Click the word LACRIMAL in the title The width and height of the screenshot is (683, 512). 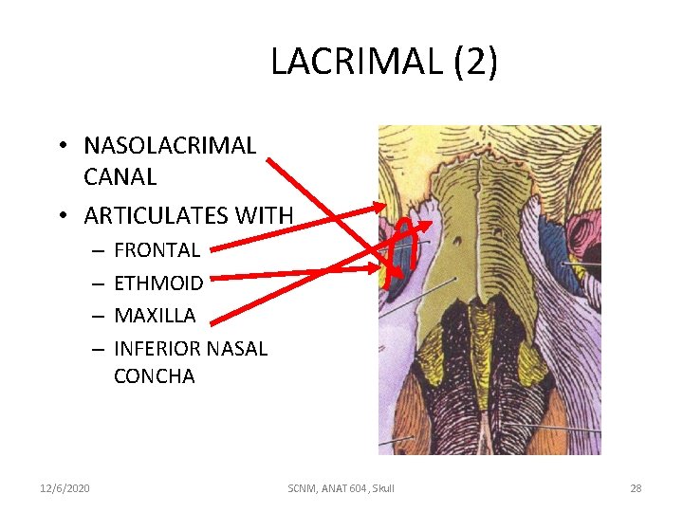[x=358, y=63]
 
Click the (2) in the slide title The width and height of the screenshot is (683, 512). [x=475, y=63]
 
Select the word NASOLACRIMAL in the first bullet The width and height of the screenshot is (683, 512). [x=170, y=146]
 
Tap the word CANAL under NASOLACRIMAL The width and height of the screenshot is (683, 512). [x=120, y=177]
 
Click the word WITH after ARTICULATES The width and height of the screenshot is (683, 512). [x=265, y=216]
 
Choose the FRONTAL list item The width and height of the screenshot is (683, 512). [x=157, y=250]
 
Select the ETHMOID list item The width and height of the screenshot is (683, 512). [x=158, y=283]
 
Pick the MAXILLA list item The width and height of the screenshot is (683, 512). [x=155, y=315]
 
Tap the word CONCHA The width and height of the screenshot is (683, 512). [x=154, y=376]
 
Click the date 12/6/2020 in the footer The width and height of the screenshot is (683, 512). [x=65, y=487]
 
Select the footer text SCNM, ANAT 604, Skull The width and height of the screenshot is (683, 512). [x=341, y=487]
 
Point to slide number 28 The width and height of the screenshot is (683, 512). [x=636, y=487]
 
